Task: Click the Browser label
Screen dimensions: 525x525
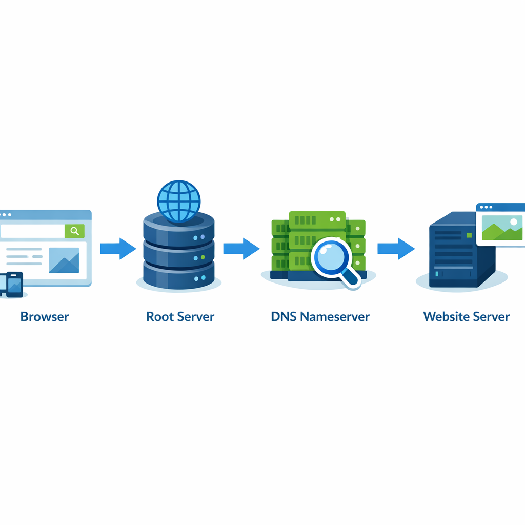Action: point(44,316)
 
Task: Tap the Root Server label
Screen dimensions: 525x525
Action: point(180,316)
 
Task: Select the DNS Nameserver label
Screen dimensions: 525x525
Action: point(320,316)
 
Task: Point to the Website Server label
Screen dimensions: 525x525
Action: point(466,316)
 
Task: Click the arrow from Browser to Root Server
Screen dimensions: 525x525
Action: point(117,249)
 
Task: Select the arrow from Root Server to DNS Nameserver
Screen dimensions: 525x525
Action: point(241,249)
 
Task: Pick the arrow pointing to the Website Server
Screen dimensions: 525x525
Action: point(396,249)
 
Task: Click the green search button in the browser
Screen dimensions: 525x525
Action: point(75,231)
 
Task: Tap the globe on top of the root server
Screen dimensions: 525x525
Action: point(178,202)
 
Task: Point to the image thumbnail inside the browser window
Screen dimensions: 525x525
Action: point(64,260)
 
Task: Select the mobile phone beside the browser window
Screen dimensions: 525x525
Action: point(14,284)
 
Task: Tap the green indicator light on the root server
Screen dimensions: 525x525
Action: point(203,257)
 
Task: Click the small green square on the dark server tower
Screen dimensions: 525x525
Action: point(469,235)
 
